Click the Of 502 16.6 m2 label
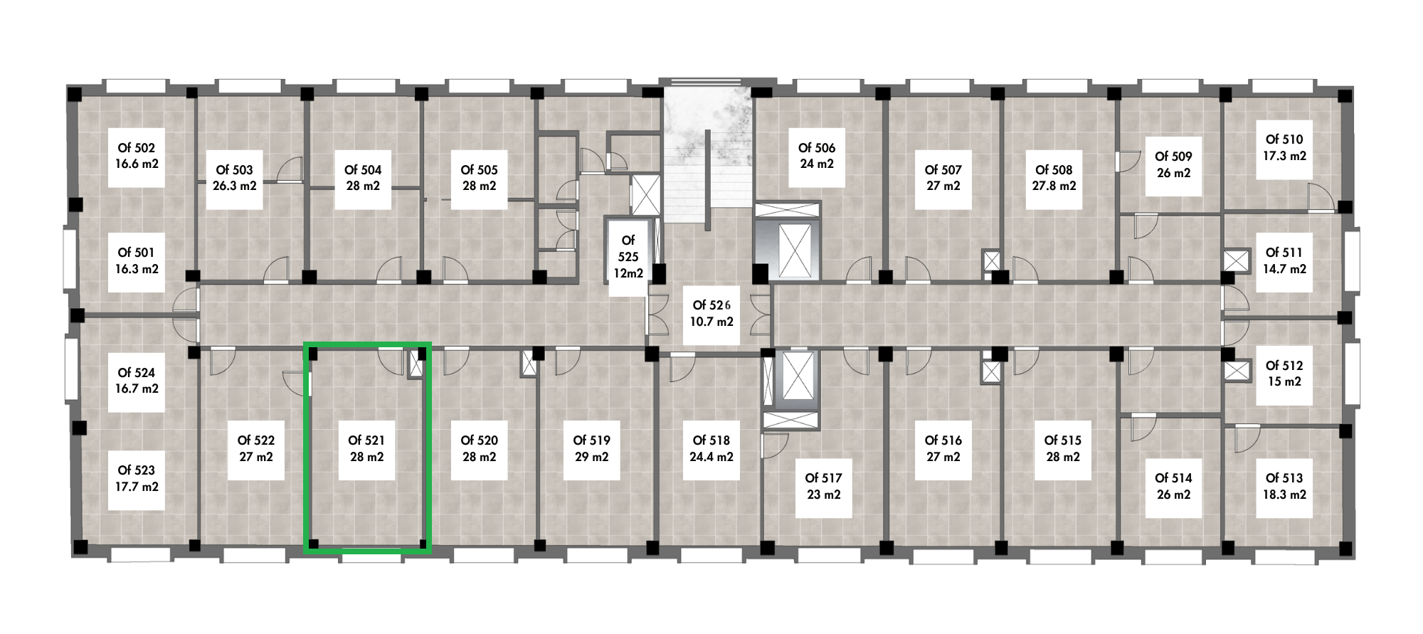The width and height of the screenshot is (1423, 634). coord(137,157)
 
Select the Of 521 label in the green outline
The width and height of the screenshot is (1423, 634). coord(366,449)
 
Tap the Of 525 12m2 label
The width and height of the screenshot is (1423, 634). coord(628,257)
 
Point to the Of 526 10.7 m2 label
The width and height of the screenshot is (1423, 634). coord(711,313)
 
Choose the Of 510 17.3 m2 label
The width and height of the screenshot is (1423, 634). coord(1284,148)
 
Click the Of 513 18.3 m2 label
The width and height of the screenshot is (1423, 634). coord(1284,487)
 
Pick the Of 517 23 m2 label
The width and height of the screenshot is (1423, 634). coord(823,487)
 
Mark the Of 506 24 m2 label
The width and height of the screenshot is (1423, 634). coord(816,157)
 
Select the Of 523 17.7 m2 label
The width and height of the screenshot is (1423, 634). coord(137,479)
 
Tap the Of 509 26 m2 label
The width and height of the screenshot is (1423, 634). coord(1173,165)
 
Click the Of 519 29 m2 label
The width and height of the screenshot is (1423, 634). coord(591,449)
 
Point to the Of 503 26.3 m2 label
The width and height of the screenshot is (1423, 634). coord(234,178)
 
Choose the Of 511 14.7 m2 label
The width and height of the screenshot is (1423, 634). coord(1284,261)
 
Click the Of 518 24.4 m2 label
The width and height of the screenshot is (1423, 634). coord(711,449)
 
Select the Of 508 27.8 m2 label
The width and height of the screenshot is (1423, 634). coord(1054,178)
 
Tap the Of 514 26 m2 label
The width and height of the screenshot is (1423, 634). coord(1173,487)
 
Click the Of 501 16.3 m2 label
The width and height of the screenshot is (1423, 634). coord(137,261)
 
